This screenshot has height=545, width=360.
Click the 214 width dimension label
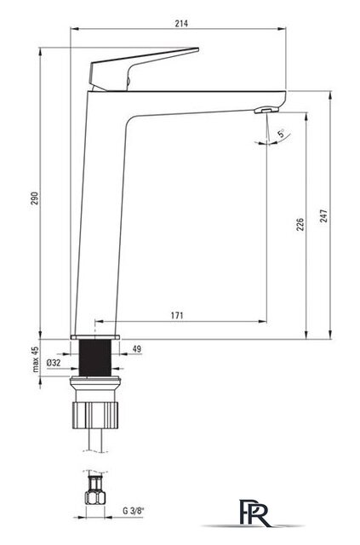pos(181,23)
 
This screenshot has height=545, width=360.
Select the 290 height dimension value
pos(35,198)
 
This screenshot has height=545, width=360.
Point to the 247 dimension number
pos(323,216)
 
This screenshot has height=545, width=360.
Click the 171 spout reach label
pos(177,316)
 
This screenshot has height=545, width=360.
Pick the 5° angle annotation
pos(281,133)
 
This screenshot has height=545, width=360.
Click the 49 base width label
pos(137,348)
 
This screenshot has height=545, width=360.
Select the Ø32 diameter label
pos(54,363)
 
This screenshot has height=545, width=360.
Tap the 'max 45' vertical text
pos(36,359)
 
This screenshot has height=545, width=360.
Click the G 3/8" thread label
pos(133,511)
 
